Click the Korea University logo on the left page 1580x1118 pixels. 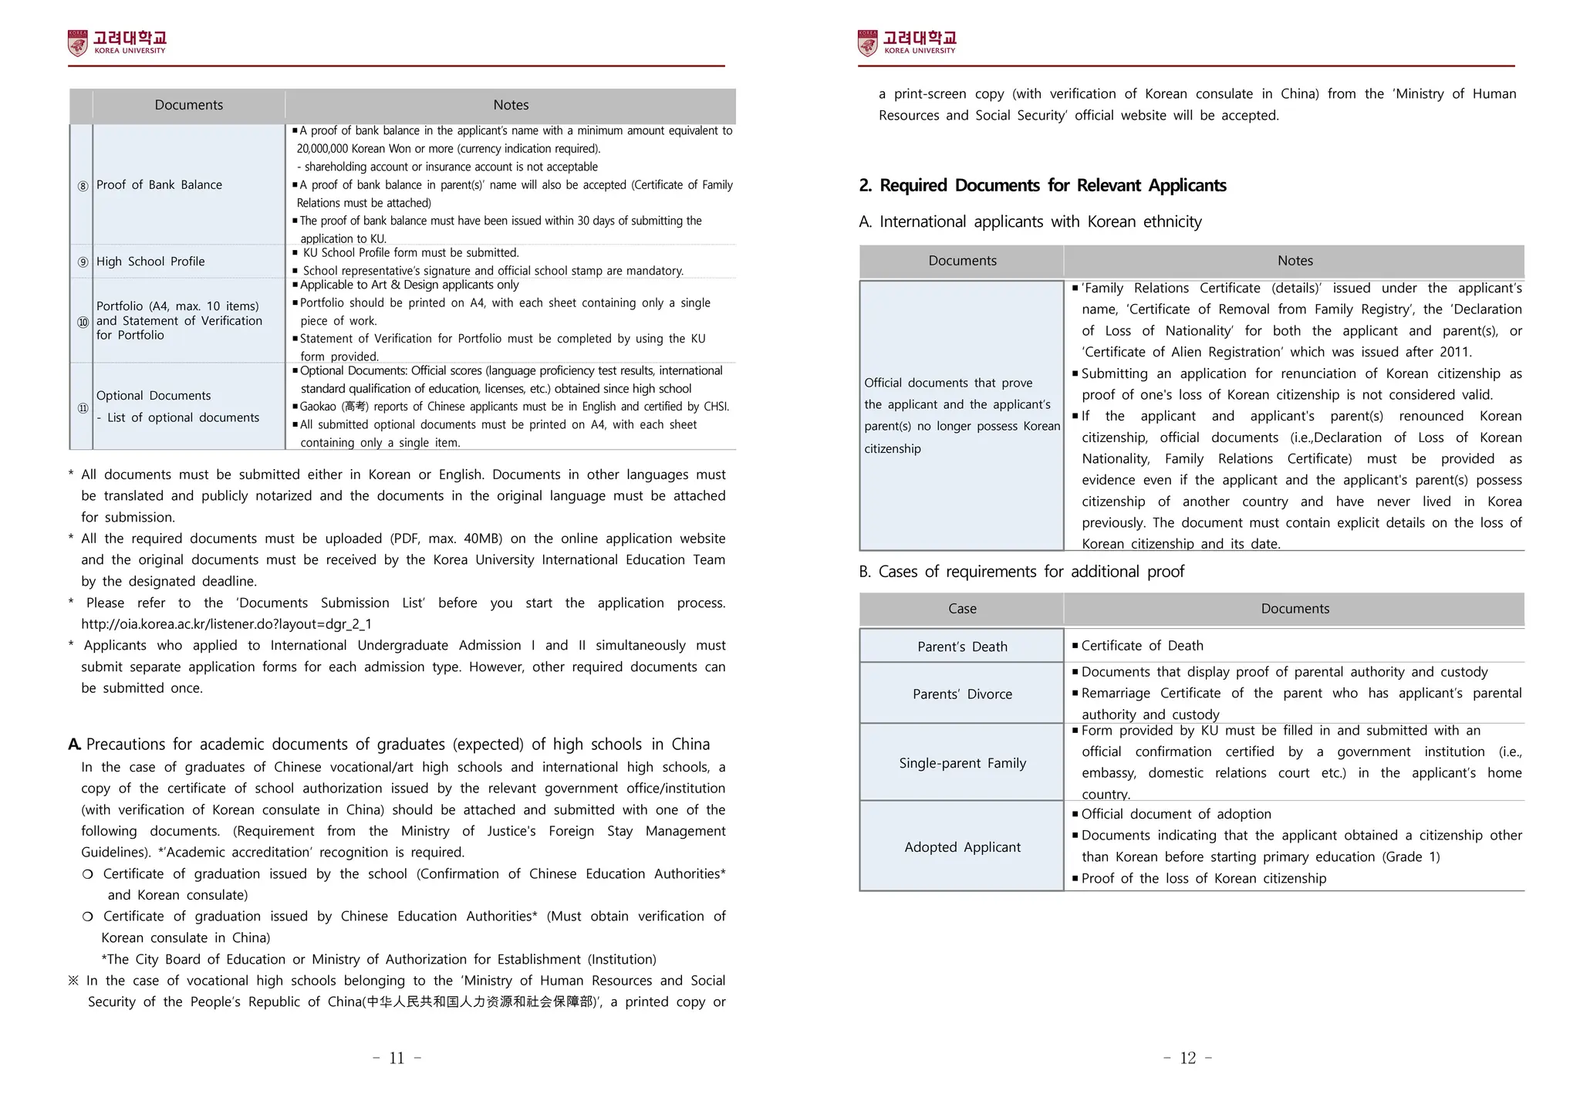(x=117, y=42)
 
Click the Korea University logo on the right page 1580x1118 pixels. (x=906, y=42)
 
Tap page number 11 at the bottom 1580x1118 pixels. (x=397, y=1058)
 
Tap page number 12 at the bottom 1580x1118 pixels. (x=1187, y=1058)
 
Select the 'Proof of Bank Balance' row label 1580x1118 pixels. (x=159, y=184)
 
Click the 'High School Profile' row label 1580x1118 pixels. (x=150, y=262)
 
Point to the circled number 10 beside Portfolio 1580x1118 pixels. (x=83, y=322)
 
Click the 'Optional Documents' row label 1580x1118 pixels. (x=154, y=395)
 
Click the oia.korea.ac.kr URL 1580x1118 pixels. (x=226, y=623)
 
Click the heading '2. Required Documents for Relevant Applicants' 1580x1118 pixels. (x=1042, y=185)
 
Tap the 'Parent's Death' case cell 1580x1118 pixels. (x=962, y=647)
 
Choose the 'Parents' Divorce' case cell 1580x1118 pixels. (x=962, y=694)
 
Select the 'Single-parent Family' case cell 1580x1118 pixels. (x=962, y=763)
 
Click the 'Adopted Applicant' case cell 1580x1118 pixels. (x=962, y=847)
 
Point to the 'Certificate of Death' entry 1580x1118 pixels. (x=1142, y=646)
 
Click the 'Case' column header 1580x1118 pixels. (x=962, y=609)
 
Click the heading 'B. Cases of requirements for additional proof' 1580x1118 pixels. (x=1021, y=572)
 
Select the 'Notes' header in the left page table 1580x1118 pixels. (x=511, y=105)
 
